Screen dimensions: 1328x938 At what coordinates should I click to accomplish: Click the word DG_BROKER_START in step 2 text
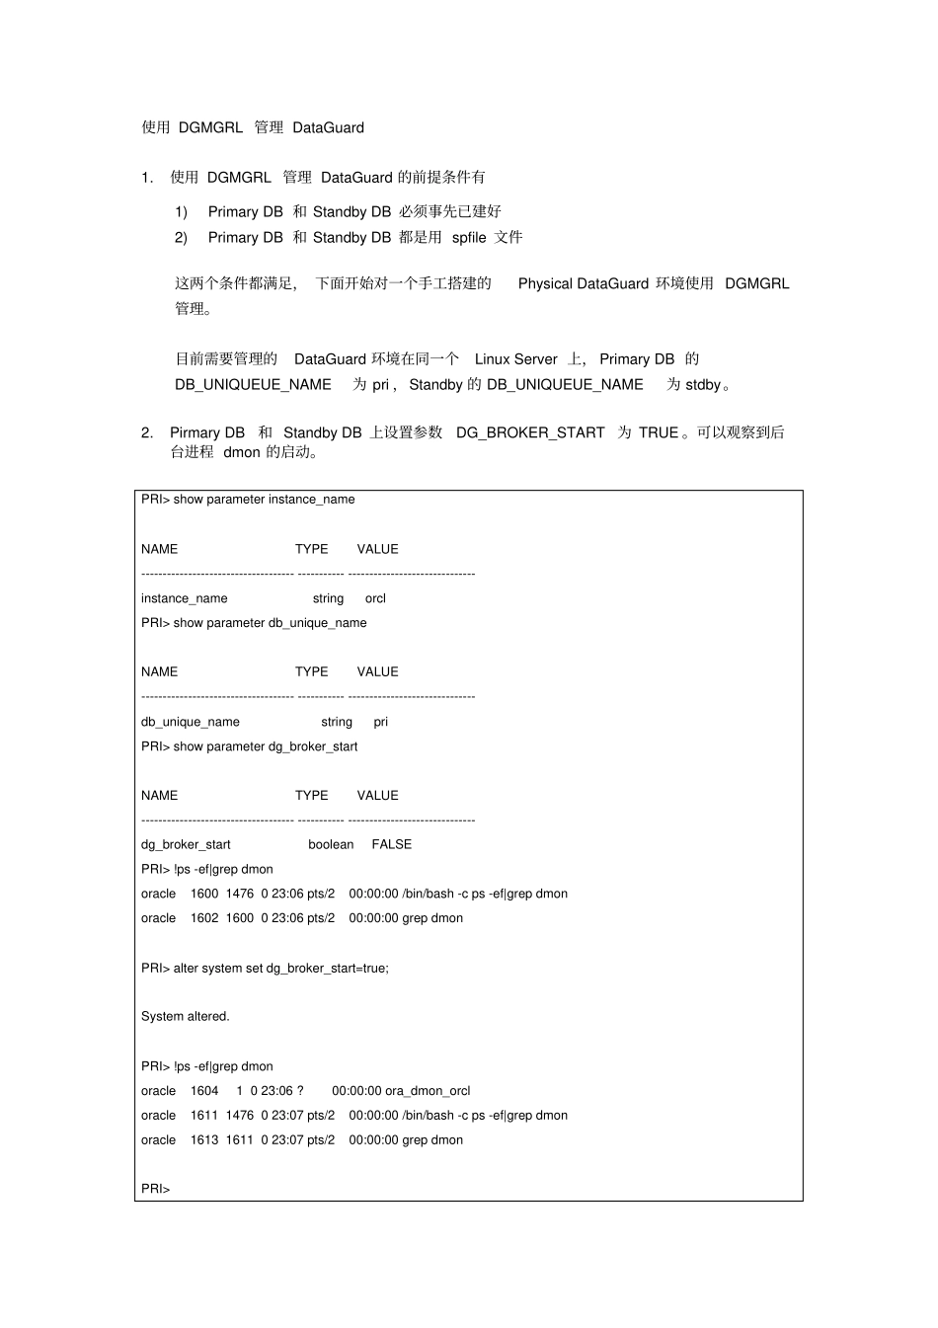click(530, 432)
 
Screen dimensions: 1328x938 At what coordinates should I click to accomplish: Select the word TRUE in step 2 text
click(659, 432)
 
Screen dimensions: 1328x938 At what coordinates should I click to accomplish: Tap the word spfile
click(469, 237)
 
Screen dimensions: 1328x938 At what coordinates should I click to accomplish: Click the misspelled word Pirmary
click(195, 432)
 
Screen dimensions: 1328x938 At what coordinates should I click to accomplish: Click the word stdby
click(703, 385)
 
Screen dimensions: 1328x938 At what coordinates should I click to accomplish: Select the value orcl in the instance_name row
click(375, 598)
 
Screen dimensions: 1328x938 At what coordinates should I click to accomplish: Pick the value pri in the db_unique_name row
click(381, 722)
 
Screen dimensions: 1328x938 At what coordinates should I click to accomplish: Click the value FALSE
click(392, 844)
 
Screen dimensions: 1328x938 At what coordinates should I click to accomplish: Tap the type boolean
click(331, 844)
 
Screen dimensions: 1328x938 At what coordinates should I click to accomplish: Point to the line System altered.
click(186, 1016)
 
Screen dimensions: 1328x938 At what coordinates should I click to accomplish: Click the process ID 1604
click(204, 1091)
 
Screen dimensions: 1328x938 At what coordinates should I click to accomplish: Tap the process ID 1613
click(204, 1139)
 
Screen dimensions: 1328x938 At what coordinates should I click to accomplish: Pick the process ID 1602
click(204, 918)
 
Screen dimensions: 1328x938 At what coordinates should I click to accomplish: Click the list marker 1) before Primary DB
click(182, 211)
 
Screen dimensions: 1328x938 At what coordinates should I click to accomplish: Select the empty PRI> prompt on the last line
click(156, 1189)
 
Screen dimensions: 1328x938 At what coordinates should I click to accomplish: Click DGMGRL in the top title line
click(210, 127)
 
